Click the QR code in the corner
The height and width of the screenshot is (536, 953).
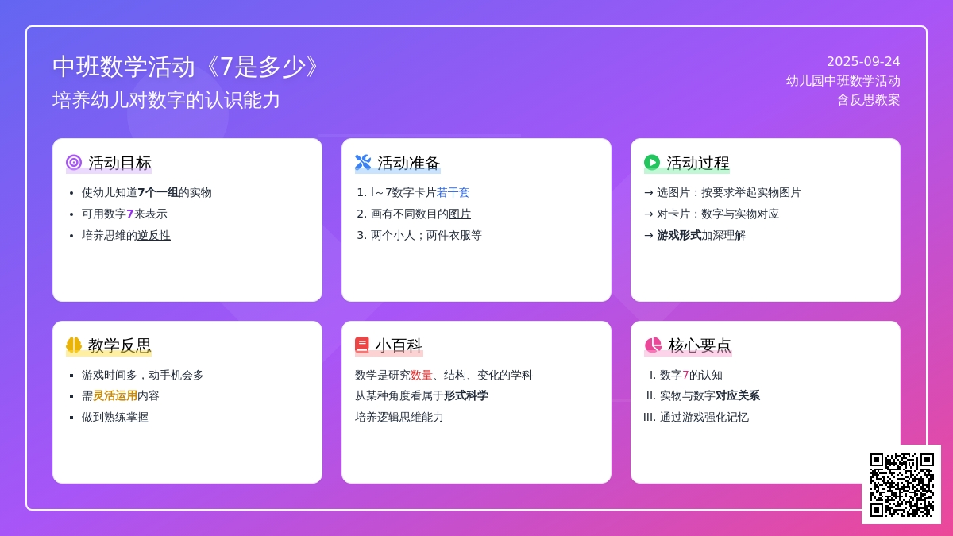(901, 484)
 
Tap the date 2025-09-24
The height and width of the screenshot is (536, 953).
(863, 62)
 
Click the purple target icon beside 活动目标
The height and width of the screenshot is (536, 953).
(74, 163)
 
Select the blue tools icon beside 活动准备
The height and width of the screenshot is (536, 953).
(363, 163)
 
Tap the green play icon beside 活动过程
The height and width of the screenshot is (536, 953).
(652, 163)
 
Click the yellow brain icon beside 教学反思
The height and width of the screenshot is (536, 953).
(74, 345)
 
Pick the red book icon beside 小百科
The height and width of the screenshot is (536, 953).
(362, 345)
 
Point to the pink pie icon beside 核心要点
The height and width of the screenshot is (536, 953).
(653, 345)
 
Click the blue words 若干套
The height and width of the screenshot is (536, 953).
(453, 193)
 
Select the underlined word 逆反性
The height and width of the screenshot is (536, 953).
(154, 235)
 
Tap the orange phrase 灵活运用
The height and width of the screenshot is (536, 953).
(115, 396)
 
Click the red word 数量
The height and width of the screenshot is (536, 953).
(422, 375)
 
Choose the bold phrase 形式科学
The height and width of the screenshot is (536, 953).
(466, 396)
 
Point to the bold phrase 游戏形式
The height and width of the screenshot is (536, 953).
(679, 235)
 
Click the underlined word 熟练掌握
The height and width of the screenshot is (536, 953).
(126, 418)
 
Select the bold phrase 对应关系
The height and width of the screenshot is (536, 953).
(738, 396)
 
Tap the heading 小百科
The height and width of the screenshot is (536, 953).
(399, 345)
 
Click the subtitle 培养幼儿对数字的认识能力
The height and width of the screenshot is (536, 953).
(166, 100)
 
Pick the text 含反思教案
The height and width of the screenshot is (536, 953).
(868, 100)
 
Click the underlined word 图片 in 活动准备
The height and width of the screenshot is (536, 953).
(460, 214)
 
